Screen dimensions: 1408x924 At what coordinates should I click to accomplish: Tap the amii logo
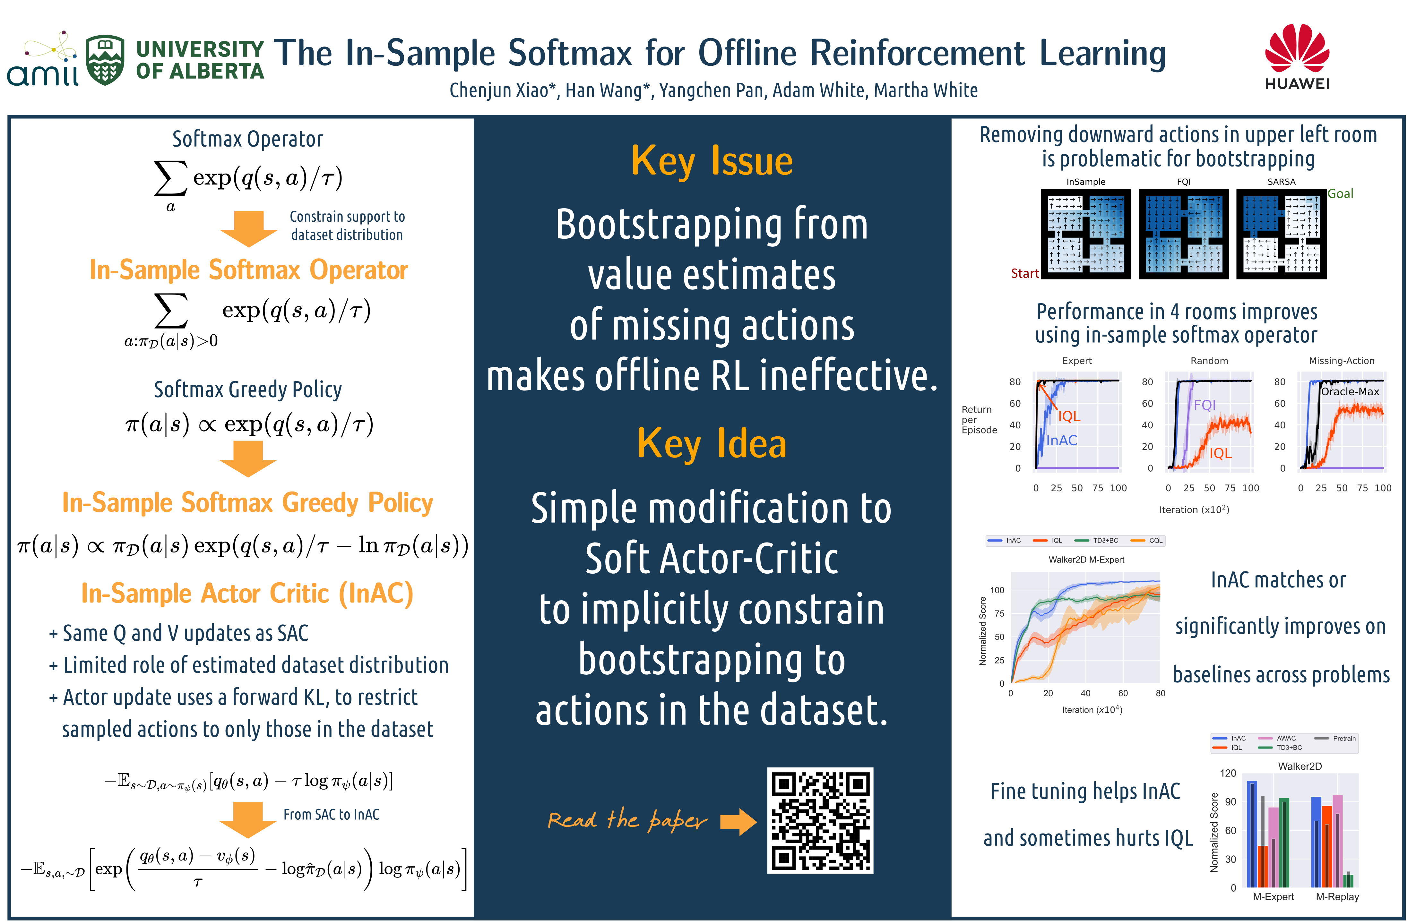tap(43, 59)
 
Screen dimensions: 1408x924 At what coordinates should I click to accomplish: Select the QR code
tap(820, 820)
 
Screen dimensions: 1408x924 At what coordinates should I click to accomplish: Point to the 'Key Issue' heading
tap(712, 161)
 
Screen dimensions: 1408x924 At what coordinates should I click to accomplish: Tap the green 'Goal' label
tap(1340, 193)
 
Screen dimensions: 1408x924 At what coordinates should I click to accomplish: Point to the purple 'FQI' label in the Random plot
tap(1205, 405)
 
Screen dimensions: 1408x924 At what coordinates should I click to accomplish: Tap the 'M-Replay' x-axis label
tap(1337, 897)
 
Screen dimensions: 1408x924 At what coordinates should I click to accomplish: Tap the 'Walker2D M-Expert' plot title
tap(1086, 560)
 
